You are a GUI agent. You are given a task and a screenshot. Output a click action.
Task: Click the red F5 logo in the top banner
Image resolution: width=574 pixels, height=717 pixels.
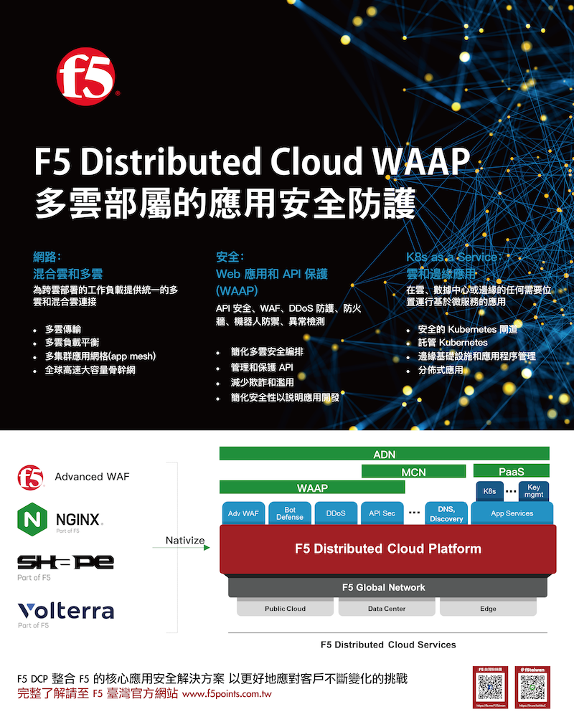86,77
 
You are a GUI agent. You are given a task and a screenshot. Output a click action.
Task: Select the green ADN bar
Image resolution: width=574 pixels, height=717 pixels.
385,454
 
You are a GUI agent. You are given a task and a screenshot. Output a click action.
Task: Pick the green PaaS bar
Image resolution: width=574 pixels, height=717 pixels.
512,471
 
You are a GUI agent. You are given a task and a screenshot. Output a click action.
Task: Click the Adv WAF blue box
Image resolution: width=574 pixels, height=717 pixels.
243,513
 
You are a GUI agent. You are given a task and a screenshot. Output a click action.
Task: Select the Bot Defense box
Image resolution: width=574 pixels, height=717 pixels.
289,513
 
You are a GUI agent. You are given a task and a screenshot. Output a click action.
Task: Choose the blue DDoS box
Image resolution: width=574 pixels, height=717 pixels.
335,513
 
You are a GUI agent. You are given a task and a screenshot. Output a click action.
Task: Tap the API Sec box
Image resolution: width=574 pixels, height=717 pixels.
382,513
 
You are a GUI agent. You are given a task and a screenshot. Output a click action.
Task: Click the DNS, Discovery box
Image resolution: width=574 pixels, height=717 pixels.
446,513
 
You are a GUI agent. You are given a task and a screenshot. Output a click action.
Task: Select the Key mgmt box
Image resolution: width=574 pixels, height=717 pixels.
533,491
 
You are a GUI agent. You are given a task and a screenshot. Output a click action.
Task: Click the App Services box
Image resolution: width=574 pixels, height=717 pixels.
512,513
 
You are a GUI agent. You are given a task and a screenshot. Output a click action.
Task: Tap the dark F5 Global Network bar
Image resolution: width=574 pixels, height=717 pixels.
384,587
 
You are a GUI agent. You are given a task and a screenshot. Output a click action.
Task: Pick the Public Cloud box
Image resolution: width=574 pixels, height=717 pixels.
285,609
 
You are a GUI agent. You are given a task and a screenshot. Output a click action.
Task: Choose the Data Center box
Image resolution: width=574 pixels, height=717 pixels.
387,609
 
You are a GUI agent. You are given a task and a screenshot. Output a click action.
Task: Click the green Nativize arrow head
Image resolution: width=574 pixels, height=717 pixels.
207,548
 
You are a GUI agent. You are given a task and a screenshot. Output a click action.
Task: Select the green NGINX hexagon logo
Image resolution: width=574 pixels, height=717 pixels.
31,518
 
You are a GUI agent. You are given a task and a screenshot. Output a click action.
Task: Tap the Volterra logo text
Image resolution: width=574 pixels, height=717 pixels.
66,611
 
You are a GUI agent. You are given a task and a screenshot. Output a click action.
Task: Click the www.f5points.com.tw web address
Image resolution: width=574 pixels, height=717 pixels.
227,695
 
